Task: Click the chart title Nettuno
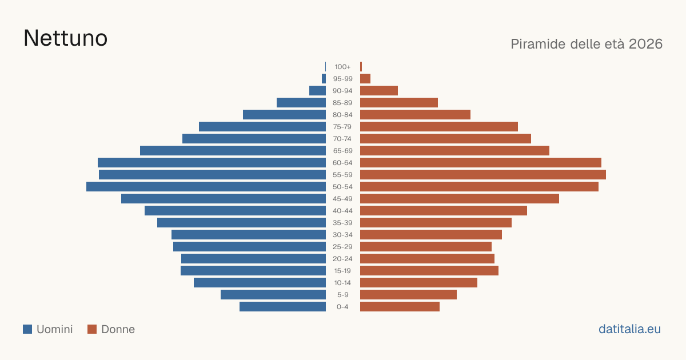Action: click(x=65, y=38)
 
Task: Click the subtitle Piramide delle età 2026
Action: click(x=587, y=44)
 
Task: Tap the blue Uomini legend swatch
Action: click(x=27, y=329)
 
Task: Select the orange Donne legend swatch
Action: click(x=92, y=329)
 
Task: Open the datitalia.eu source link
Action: click(x=629, y=329)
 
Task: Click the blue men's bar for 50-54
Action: click(x=206, y=187)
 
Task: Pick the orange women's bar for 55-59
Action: click(x=483, y=175)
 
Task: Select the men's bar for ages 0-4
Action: click(x=282, y=307)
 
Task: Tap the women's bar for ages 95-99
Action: click(x=365, y=79)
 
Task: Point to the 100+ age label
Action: click(x=342, y=67)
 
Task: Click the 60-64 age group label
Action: click(x=342, y=163)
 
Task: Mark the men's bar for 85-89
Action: click(x=301, y=102)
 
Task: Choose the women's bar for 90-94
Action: click(x=379, y=91)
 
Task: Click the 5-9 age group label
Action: click(x=342, y=295)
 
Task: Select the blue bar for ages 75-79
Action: click(x=262, y=127)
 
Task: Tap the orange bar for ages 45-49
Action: click(x=460, y=199)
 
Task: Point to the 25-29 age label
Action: click(x=342, y=247)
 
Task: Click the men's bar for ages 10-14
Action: click(x=260, y=282)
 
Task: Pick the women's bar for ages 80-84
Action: click(x=415, y=115)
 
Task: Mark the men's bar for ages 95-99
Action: click(x=324, y=79)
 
